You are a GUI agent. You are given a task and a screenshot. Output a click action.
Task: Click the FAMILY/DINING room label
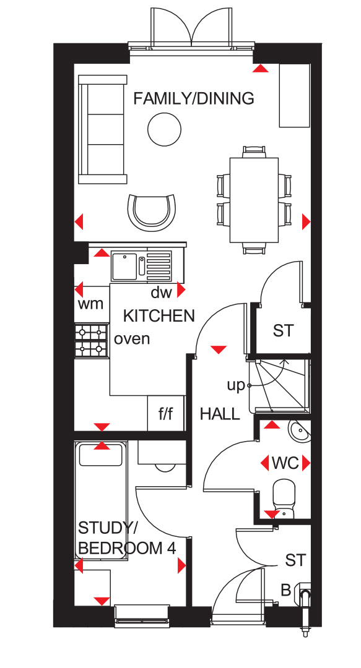point(194,98)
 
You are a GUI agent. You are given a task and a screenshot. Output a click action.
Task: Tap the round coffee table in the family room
point(164,129)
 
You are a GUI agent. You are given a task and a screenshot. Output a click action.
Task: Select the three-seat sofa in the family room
point(103,129)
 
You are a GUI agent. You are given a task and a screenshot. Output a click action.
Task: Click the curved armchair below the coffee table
point(152,213)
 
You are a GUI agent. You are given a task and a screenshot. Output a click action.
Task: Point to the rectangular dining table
point(254,200)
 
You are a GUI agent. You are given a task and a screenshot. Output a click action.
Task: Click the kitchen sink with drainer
point(142,267)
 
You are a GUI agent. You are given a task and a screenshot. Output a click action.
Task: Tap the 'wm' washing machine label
point(91,304)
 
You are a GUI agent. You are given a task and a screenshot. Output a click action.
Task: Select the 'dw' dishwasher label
point(161,293)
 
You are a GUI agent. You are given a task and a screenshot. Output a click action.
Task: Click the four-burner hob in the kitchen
point(91,340)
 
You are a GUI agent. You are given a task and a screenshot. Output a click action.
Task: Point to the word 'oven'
point(132,339)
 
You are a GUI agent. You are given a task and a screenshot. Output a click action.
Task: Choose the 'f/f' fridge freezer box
point(166,413)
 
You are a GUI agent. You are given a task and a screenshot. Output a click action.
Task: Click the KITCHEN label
point(159,316)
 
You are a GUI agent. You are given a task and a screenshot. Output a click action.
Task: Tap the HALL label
point(220,414)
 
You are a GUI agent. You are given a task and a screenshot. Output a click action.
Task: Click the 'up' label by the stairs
point(236,386)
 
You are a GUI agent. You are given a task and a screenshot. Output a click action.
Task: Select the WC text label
point(285,463)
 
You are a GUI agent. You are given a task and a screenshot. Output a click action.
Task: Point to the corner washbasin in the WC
point(300,431)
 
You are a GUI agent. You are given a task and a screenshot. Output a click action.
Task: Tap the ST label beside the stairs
point(284,330)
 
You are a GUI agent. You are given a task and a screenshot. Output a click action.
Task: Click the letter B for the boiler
point(286,591)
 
